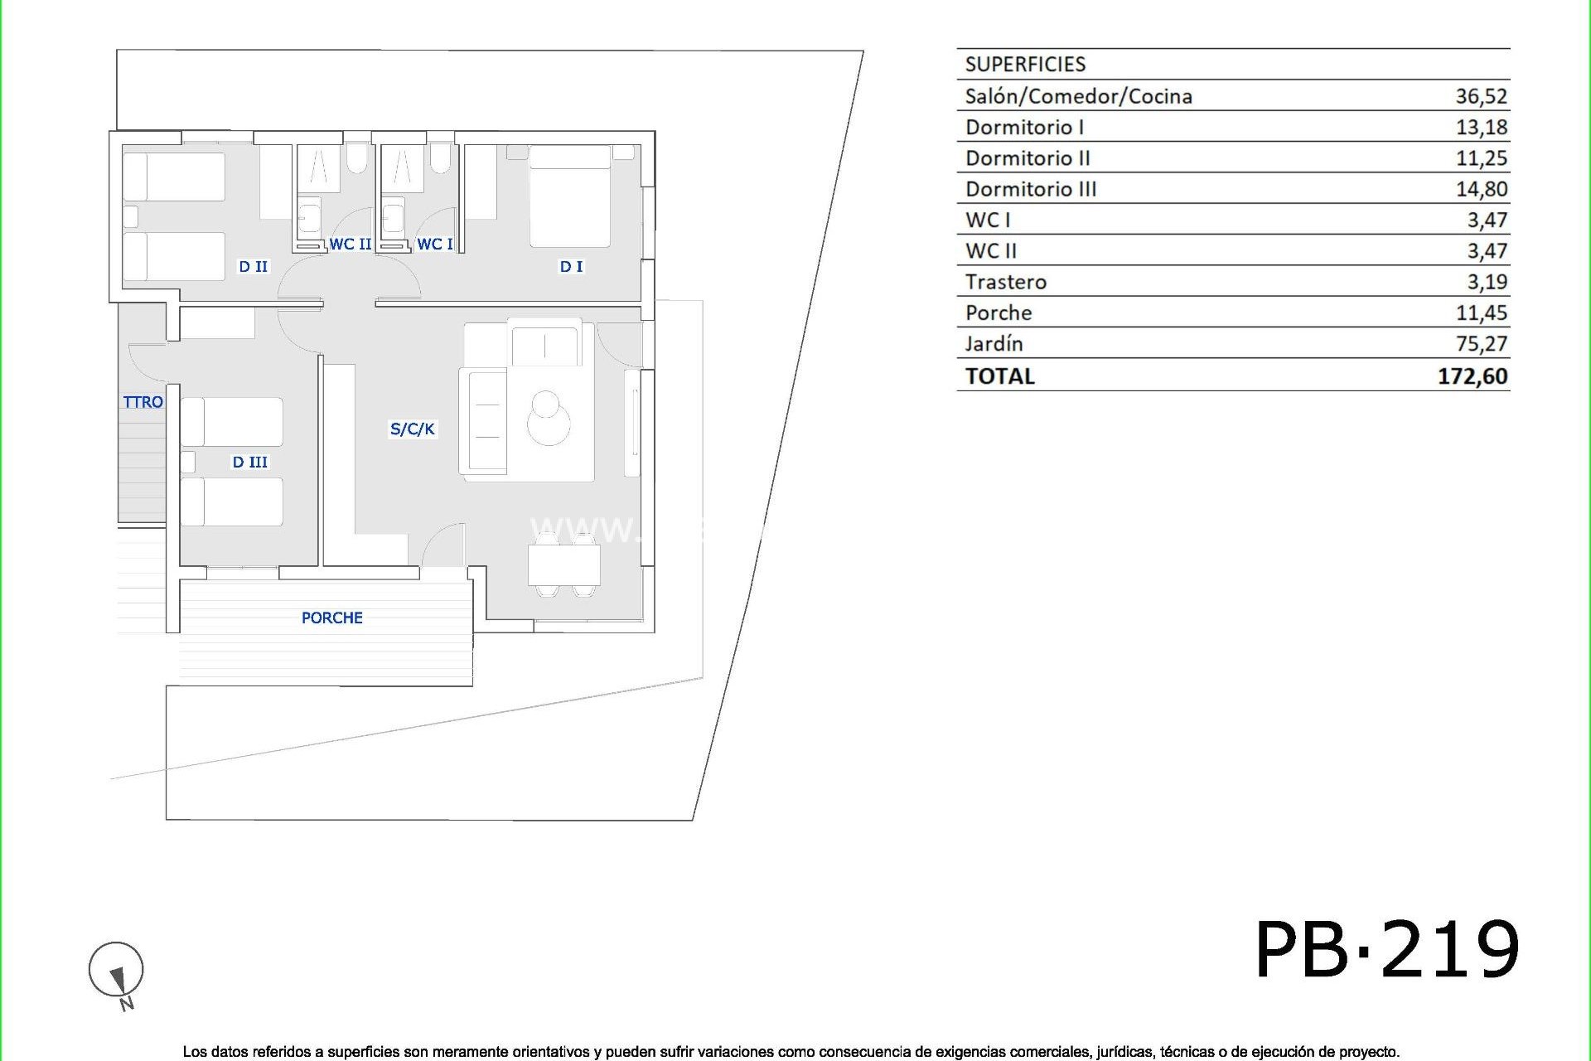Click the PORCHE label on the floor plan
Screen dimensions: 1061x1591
(331, 618)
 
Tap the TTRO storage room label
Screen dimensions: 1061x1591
(143, 402)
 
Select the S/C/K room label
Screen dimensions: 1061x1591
(412, 429)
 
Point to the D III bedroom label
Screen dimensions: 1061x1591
(249, 462)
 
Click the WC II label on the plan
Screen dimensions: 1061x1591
(350, 244)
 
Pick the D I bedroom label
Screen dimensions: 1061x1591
(571, 266)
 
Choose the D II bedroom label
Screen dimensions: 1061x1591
(253, 266)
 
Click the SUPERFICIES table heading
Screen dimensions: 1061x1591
(1025, 65)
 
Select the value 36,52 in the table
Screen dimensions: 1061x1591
(1481, 96)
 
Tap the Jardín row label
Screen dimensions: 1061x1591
(994, 343)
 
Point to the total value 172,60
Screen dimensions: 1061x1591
(1472, 376)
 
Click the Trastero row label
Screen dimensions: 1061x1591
(1005, 282)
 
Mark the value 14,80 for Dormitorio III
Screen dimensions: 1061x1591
(1481, 189)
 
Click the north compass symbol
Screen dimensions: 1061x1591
(116, 970)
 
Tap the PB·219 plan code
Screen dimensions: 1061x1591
(1386, 950)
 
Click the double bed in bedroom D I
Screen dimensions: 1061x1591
(570, 197)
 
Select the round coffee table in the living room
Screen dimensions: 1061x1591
(548, 419)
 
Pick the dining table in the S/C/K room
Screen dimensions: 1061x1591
(564, 566)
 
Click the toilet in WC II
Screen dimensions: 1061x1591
(357, 157)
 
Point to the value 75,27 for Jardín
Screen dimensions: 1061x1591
(1481, 343)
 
